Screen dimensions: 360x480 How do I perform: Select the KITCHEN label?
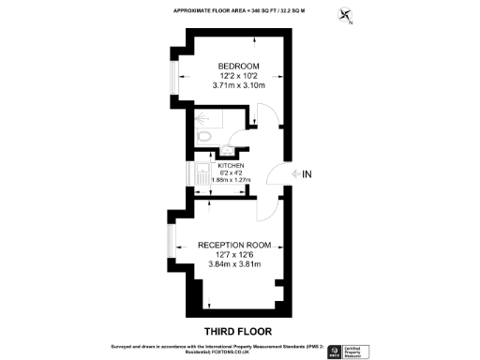[x=231, y=166]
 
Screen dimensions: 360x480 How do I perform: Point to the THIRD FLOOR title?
[x=239, y=331]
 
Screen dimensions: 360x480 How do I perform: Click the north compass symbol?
[x=348, y=15]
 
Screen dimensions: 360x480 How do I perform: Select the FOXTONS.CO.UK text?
[x=217, y=352]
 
